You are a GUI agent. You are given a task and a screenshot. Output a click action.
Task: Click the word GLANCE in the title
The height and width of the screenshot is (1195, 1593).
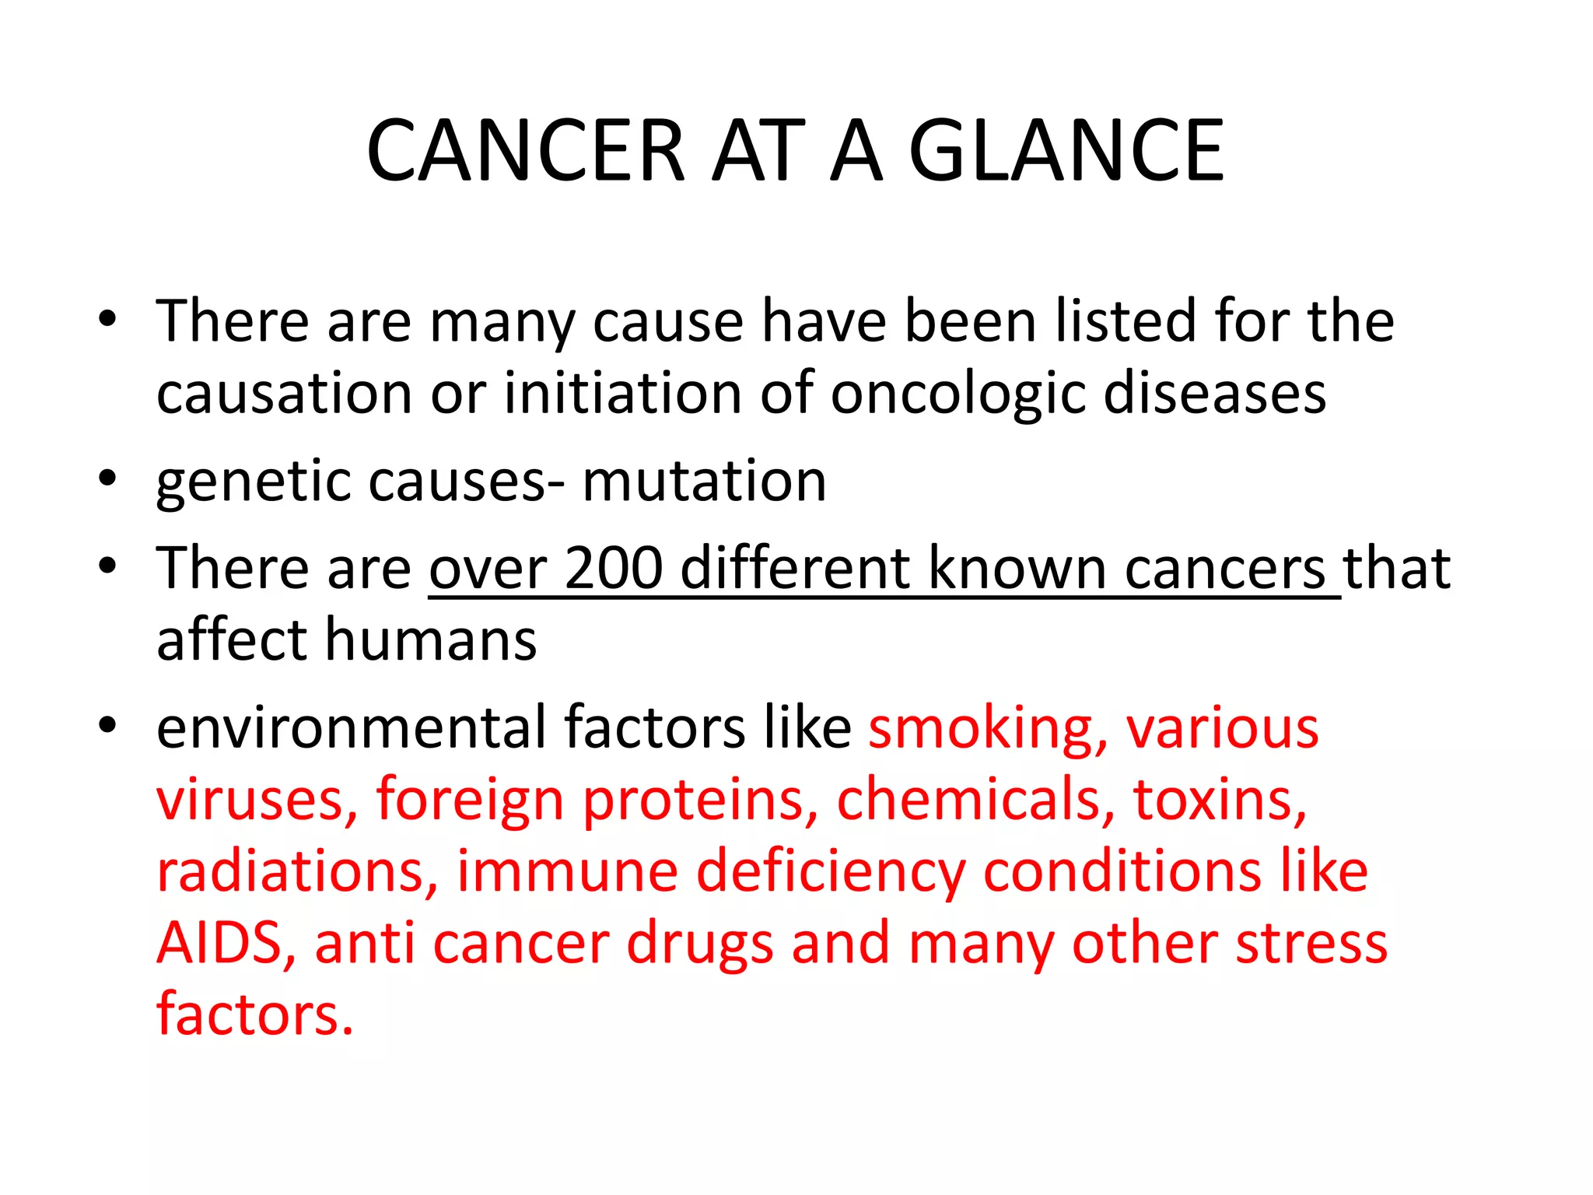click(1066, 151)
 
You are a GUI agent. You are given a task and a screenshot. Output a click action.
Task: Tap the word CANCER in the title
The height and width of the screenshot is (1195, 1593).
click(526, 151)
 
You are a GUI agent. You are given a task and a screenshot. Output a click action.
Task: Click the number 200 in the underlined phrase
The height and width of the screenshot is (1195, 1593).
click(614, 569)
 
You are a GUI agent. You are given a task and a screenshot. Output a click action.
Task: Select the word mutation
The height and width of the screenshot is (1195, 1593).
click(704, 481)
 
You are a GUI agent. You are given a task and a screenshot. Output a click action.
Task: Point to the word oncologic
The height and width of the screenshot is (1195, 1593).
click(958, 394)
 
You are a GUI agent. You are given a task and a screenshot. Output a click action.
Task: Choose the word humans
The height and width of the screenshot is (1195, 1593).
click(430, 640)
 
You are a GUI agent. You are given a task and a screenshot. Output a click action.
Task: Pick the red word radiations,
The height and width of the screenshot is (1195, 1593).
click(297, 871)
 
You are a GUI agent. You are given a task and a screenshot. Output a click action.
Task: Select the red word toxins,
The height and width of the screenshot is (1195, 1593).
click(1220, 800)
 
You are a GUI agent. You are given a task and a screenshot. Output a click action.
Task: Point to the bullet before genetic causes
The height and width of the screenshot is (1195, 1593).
click(107, 476)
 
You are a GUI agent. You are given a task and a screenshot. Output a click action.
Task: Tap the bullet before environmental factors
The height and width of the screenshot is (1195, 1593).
click(107, 724)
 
